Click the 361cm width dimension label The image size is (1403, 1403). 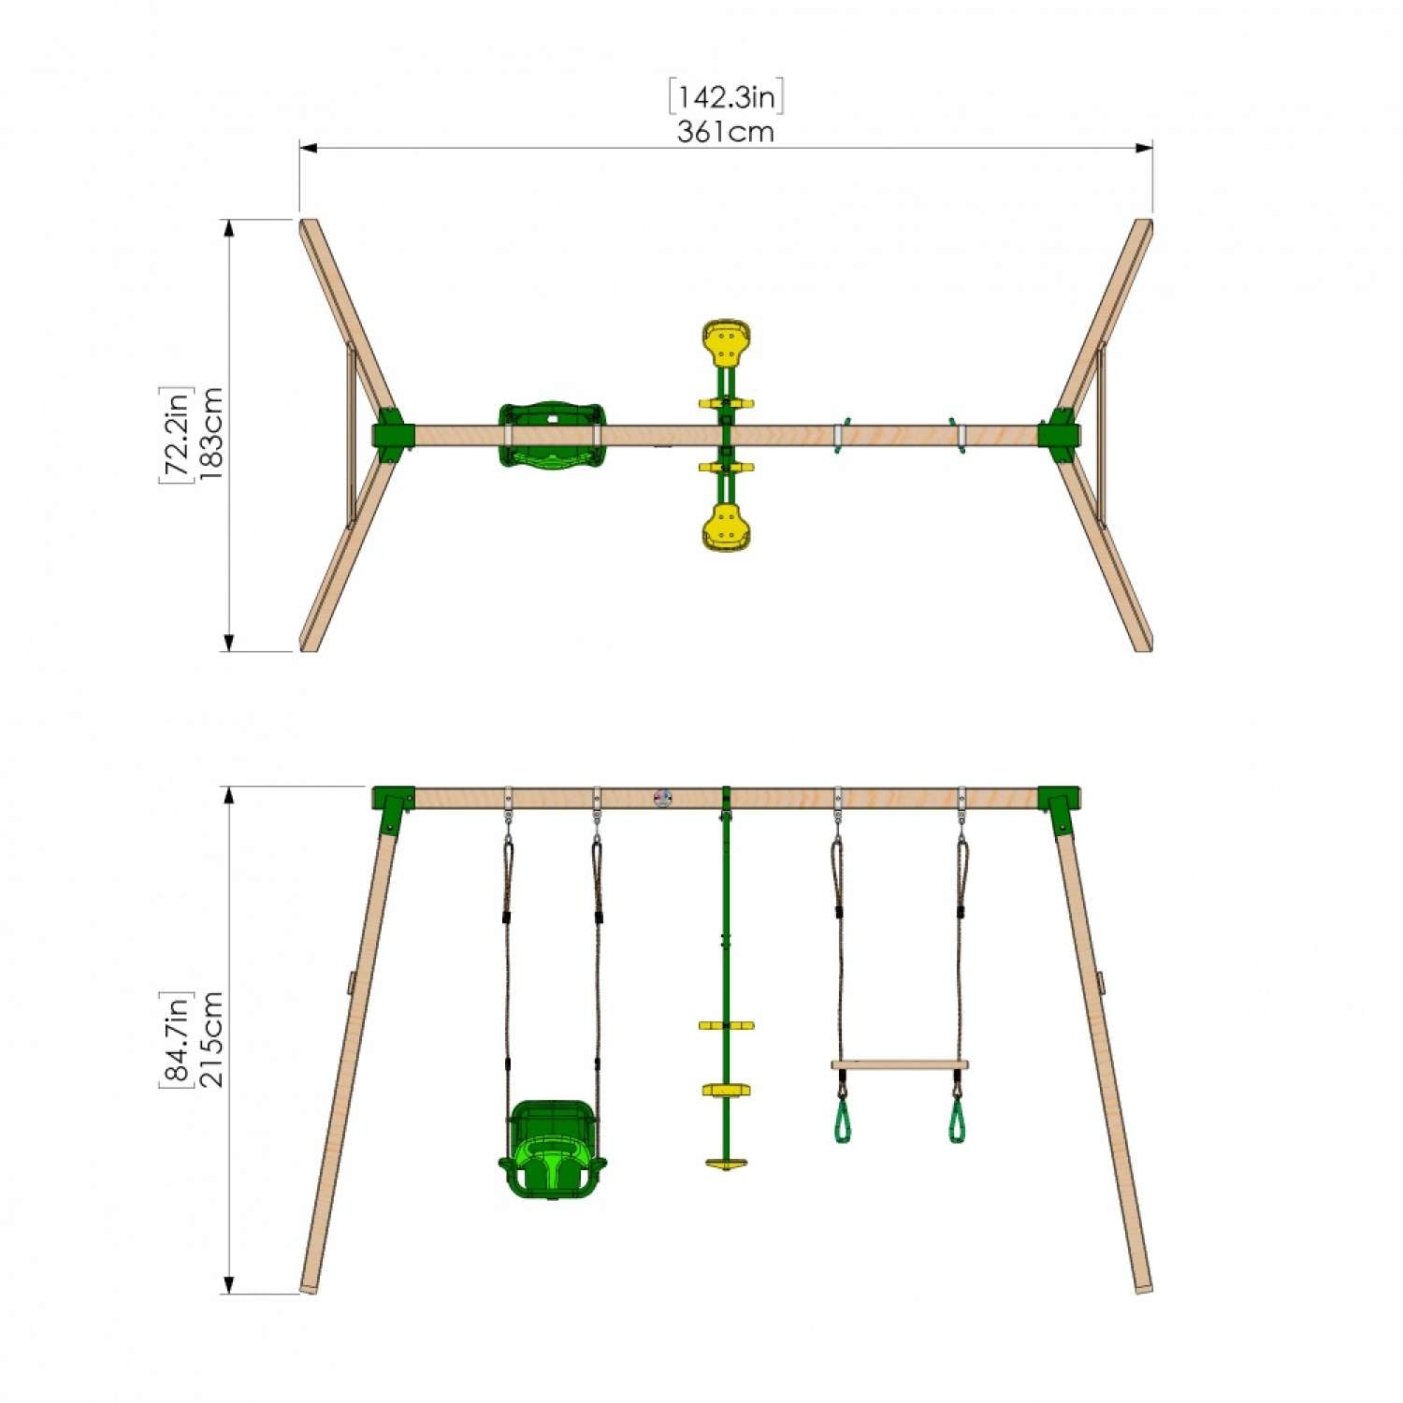[x=726, y=132]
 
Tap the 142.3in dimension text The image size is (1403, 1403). [x=726, y=97]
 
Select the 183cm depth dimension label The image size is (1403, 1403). [x=211, y=434]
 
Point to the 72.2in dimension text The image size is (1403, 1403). [x=177, y=434]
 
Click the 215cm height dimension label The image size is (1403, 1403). [x=211, y=1039]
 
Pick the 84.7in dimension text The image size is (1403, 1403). [x=177, y=1039]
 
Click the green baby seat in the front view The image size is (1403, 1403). [x=552, y=1149]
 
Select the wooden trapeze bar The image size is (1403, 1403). [x=900, y=1064]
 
